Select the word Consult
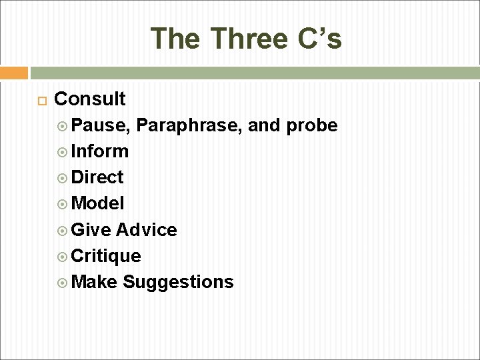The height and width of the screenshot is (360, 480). (89, 99)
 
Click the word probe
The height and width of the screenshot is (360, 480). (312, 125)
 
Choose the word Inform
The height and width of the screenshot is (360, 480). (99, 151)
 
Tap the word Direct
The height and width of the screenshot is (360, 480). (97, 177)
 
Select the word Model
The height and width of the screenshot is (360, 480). (97, 203)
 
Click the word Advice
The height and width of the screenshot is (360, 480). (146, 230)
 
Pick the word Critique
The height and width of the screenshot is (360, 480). (105, 256)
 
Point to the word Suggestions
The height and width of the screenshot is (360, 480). (178, 282)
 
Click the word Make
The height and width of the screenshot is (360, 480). (94, 282)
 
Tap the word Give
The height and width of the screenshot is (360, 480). (91, 230)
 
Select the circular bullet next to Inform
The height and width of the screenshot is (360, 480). (63, 152)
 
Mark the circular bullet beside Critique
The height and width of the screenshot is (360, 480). (63, 257)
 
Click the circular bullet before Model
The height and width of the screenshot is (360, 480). (63, 204)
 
